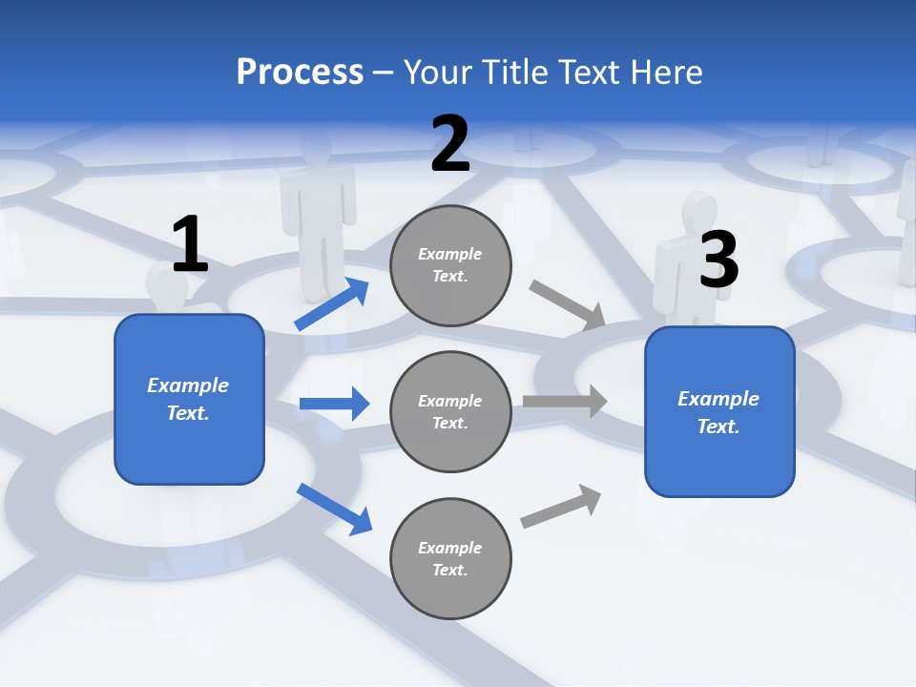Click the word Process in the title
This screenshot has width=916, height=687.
pos(300,72)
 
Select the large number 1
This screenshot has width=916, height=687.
pos(190,245)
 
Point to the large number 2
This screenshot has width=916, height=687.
pos(450,145)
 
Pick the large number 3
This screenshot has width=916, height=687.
pos(718,260)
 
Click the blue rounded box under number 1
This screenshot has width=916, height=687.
pos(189,399)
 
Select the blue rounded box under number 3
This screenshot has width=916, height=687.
pos(719,411)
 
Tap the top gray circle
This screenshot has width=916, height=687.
pos(450,265)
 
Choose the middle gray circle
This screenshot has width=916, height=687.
pos(450,411)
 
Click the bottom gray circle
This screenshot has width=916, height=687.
pos(450,558)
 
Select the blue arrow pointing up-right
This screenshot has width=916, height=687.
pos(332,304)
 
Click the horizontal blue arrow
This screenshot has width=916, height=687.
pos(334,404)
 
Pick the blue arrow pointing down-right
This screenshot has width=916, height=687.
pos(334,509)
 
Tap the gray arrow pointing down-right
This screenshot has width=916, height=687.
pos(568,304)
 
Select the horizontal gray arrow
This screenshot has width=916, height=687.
pos(565,401)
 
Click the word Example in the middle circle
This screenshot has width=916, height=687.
pos(449,401)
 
